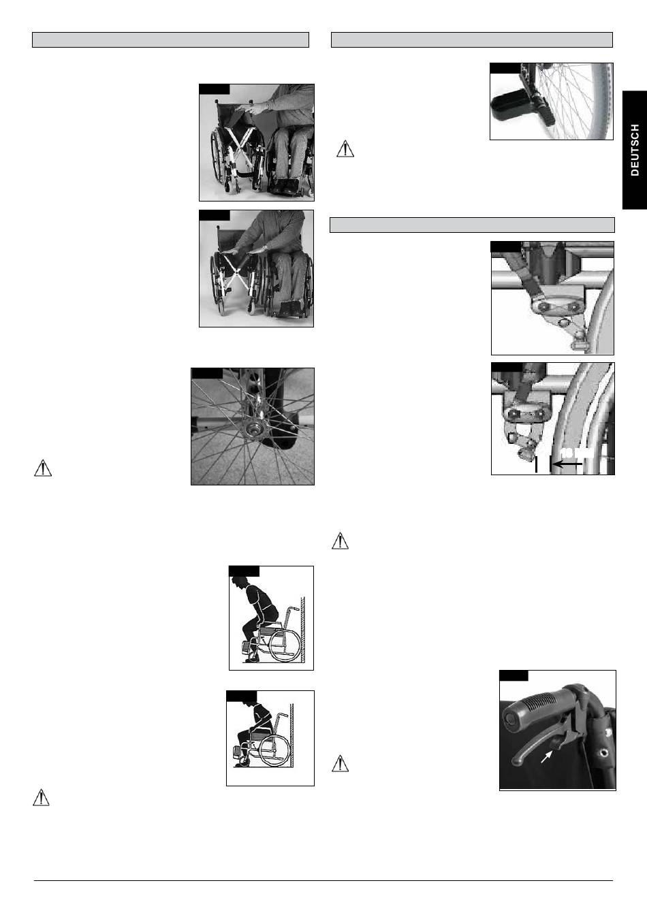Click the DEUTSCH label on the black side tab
[x=634, y=150]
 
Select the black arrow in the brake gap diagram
[x=567, y=464]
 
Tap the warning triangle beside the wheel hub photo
[x=42, y=468]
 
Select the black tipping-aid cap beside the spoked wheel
[x=508, y=106]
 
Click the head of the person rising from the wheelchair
[x=240, y=583]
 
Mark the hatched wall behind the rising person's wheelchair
[x=303, y=630]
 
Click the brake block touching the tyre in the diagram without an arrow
[x=580, y=340]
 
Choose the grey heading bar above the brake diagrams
[x=472, y=225]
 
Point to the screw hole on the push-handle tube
[x=602, y=752]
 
